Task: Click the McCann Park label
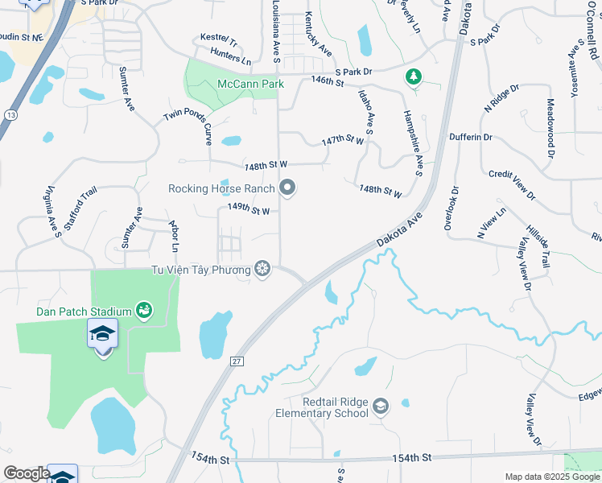250,84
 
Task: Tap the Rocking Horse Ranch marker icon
288,189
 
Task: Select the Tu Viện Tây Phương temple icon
262,269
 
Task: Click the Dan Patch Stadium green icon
144,311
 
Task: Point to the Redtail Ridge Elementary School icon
381,407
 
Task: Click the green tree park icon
414,76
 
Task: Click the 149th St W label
247,210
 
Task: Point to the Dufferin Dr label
471,137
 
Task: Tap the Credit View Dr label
512,185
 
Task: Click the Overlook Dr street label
451,209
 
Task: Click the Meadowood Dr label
551,127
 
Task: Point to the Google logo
27,473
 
